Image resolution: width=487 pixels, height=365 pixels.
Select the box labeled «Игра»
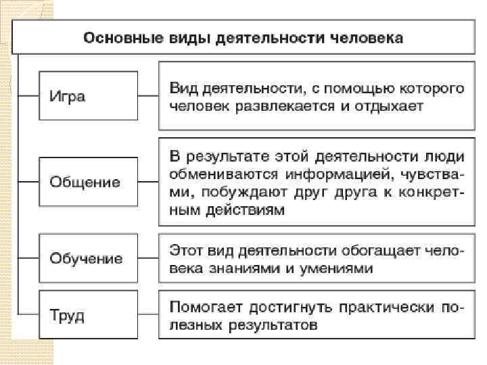pos(88,95)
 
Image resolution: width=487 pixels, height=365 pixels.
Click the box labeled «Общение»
pos(88,182)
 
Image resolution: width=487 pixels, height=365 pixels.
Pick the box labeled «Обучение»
pos(88,258)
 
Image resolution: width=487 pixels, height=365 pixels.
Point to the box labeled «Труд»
pos(88,315)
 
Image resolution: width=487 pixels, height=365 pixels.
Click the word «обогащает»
pos(376,251)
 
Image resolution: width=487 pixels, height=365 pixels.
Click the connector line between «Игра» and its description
pos(147,95)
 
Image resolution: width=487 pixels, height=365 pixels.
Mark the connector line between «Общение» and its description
pos(147,182)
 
